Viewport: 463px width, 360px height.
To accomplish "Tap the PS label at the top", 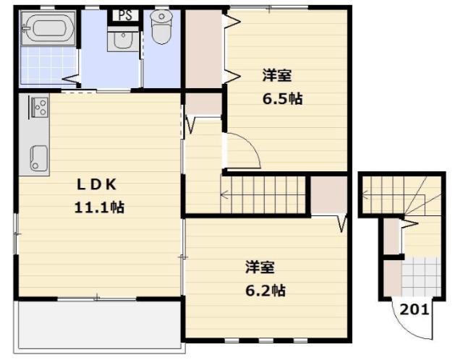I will pyautogui.click(x=124, y=14).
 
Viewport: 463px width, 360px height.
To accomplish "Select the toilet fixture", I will pyautogui.click(x=160, y=27).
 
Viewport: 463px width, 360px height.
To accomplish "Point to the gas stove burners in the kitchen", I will pyautogui.click(x=38, y=108).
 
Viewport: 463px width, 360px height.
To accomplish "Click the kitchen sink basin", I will pyautogui.click(x=38, y=156).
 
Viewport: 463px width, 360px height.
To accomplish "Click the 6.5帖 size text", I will pyautogui.click(x=281, y=99).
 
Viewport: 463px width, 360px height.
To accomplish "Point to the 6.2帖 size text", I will pyautogui.click(x=264, y=291).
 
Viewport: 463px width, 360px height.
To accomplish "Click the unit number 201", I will pyautogui.click(x=415, y=310).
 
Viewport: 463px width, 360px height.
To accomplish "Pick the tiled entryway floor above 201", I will pyautogui.click(x=420, y=277).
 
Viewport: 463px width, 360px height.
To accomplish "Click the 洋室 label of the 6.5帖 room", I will pyautogui.click(x=277, y=74).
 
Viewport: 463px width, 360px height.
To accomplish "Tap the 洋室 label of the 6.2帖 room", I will pyautogui.click(x=259, y=267).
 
